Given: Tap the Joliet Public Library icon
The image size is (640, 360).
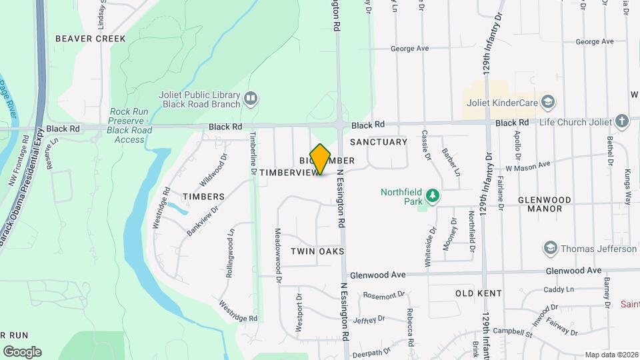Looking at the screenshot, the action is tap(251, 99).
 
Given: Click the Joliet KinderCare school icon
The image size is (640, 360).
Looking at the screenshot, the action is tap(548, 102).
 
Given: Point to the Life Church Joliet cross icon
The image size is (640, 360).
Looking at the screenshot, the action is tap(622, 121).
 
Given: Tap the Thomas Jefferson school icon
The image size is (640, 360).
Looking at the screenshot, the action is tap(550, 249).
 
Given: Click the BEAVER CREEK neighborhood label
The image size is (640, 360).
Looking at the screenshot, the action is tap(90, 39).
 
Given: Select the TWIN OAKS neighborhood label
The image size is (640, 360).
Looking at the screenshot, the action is tap(317, 251).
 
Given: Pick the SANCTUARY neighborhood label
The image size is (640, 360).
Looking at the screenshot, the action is tap(378, 142).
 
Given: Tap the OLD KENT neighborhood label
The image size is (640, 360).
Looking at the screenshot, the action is tap(479, 293).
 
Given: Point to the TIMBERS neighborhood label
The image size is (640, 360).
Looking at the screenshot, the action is tap(205, 197).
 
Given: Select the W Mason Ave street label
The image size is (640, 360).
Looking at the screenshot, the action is tap(528, 165).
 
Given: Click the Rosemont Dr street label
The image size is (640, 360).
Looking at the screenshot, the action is tap(384, 295).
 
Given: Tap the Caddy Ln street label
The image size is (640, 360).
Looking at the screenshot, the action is tap(559, 289).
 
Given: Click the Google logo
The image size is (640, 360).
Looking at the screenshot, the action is tap(22, 351).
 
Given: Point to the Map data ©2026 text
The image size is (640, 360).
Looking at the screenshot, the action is tap(611, 355).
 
